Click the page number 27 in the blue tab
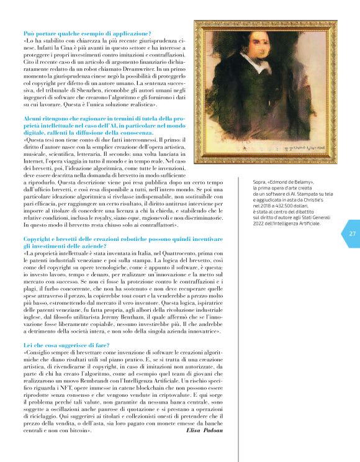point(352,233)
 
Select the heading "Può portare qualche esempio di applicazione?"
point(87,32)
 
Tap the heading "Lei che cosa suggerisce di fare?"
point(66,344)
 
